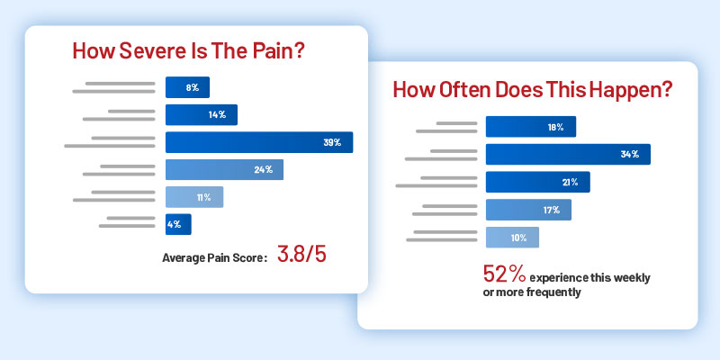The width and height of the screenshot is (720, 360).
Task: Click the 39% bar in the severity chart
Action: click(x=259, y=142)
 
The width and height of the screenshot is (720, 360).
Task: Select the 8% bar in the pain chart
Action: click(x=187, y=87)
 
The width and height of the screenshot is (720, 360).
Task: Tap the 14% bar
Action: click(x=202, y=114)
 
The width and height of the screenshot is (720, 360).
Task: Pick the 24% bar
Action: click(x=224, y=169)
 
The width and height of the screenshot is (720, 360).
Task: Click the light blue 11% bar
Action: click(x=194, y=197)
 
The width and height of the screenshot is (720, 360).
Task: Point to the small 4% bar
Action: click(x=178, y=224)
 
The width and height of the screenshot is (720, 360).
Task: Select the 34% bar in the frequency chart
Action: click(x=568, y=154)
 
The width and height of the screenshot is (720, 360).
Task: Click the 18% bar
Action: click(x=531, y=127)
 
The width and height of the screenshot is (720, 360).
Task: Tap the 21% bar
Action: click(x=537, y=182)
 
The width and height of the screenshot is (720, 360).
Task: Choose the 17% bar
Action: click(x=528, y=210)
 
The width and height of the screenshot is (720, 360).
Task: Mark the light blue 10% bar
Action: click(x=512, y=237)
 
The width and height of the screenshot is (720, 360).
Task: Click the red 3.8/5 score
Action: click(x=301, y=255)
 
